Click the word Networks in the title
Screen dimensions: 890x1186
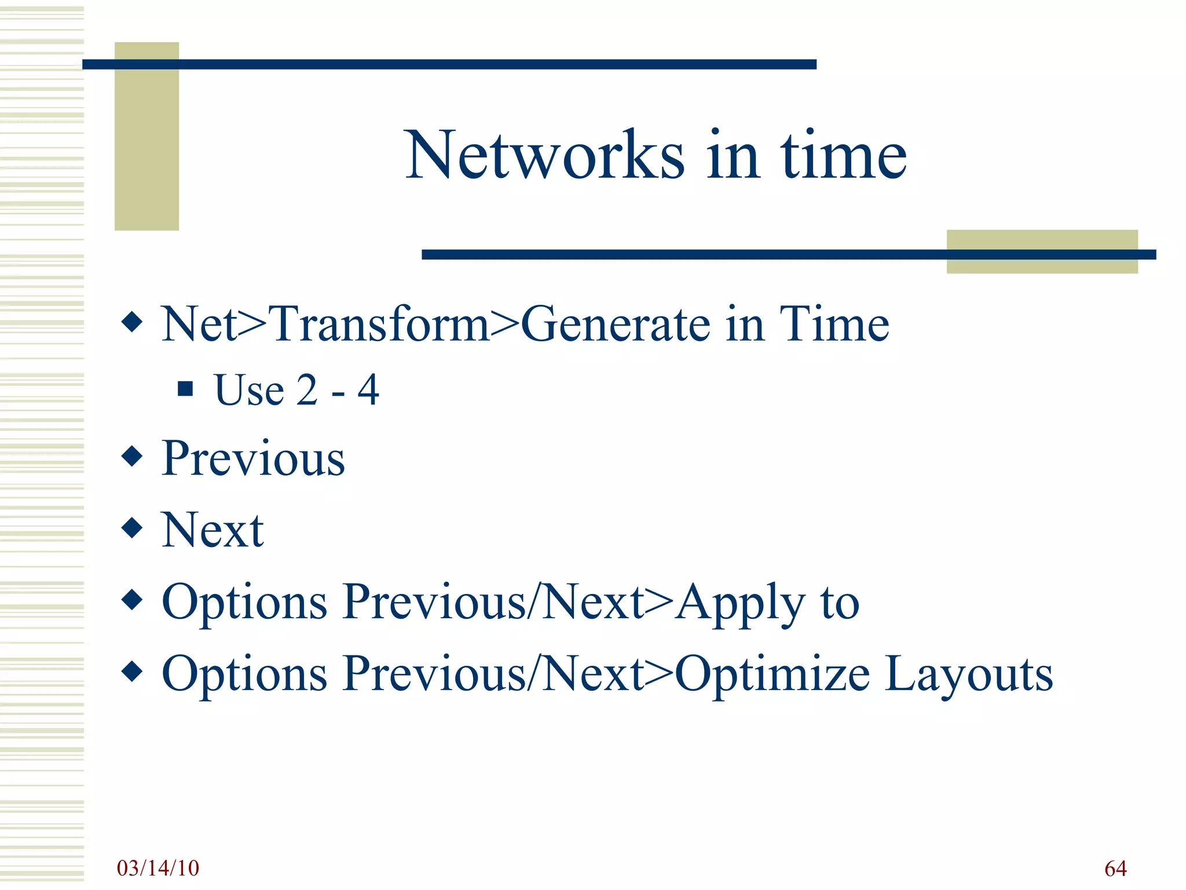544,155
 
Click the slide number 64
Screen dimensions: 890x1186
1115,868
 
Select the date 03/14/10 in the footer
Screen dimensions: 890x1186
158,868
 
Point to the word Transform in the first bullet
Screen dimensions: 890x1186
380,324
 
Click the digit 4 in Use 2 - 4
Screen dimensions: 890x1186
368,390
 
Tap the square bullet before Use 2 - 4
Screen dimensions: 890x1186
185,388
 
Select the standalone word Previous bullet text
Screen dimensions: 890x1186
253,459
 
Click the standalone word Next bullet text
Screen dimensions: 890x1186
213,530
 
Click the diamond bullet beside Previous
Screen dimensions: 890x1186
133,457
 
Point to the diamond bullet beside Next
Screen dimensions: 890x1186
133,528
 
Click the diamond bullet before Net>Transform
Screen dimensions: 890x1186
133,322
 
